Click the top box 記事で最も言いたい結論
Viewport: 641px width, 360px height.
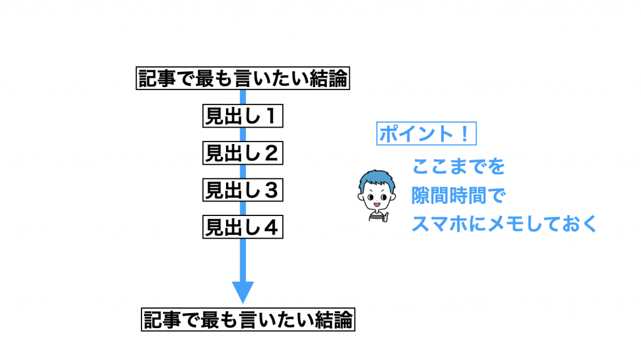242,80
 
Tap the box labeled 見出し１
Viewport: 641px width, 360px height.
242,116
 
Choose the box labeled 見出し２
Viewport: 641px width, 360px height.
242,153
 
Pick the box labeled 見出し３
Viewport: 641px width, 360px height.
242,190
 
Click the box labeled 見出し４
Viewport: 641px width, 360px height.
242,227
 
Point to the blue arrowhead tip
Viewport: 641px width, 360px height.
243,301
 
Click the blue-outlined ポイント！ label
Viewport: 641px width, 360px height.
426,134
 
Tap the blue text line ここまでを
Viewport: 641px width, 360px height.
458,167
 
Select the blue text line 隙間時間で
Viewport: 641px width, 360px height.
458,196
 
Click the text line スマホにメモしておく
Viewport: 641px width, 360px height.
505,224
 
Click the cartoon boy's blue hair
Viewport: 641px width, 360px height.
377,180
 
